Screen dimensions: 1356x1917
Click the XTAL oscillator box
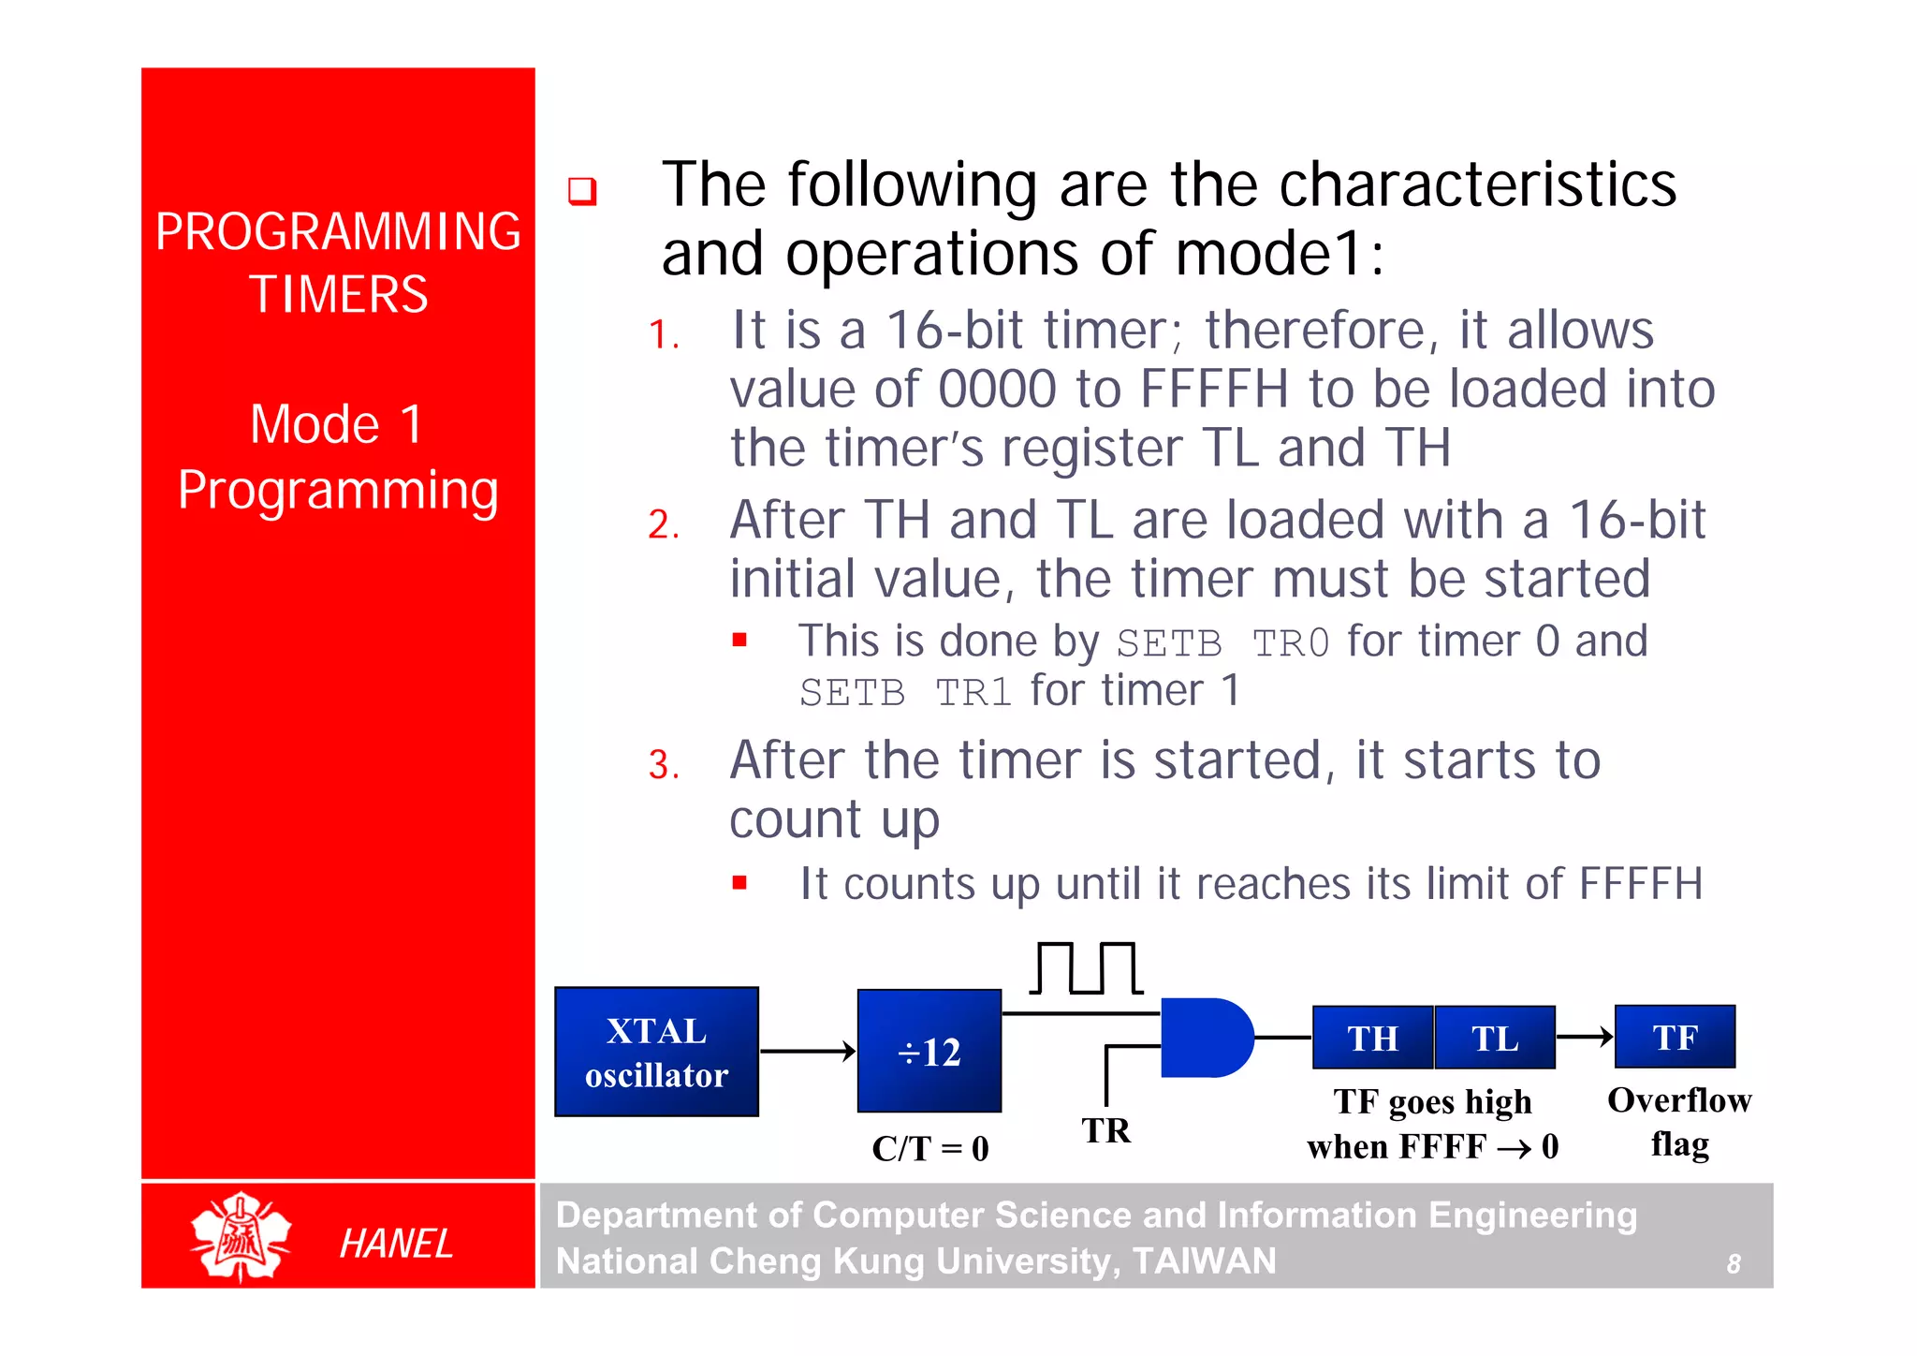[656, 1052]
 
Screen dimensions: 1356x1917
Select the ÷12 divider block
[929, 1051]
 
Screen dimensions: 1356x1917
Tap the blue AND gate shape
[1205, 1038]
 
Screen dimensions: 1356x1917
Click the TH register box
[1372, 1038]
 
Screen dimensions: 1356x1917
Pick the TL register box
[1494, 1038]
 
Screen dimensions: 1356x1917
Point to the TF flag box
[1675, 1037]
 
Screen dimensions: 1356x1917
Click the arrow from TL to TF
[1585, 1037]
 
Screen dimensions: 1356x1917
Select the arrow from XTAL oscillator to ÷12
[808, 1052]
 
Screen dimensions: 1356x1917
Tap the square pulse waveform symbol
[1086, 968]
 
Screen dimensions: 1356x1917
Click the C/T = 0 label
[929, 1148]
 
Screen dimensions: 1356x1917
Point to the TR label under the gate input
[1106, 1130]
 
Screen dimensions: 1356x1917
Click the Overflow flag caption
[1679, 1121]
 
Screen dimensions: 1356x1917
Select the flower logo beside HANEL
[241, 1238]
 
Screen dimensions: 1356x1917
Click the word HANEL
[396, 1244]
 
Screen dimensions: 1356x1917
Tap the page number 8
[1734, 1264]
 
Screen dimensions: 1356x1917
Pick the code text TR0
[1291, 643]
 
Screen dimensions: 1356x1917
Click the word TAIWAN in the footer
[1204, 1261]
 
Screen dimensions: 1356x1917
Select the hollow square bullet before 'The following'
[582, 191]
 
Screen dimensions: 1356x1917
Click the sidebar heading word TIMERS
[338, 294]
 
